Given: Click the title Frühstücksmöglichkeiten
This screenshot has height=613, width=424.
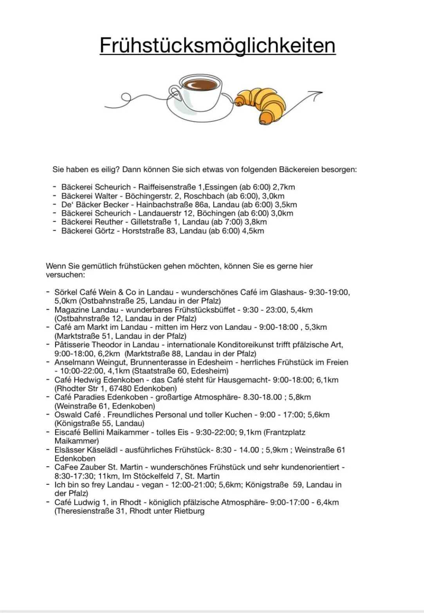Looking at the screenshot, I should tap(217, 45).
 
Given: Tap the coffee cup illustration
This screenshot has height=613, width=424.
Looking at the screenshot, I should tap(199, 92).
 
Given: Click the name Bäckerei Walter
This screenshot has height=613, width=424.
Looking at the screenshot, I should tap(89, 196).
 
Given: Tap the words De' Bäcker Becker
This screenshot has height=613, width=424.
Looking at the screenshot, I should tap(95, 205).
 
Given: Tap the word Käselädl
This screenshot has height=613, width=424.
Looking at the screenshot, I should tap(103, 450).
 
